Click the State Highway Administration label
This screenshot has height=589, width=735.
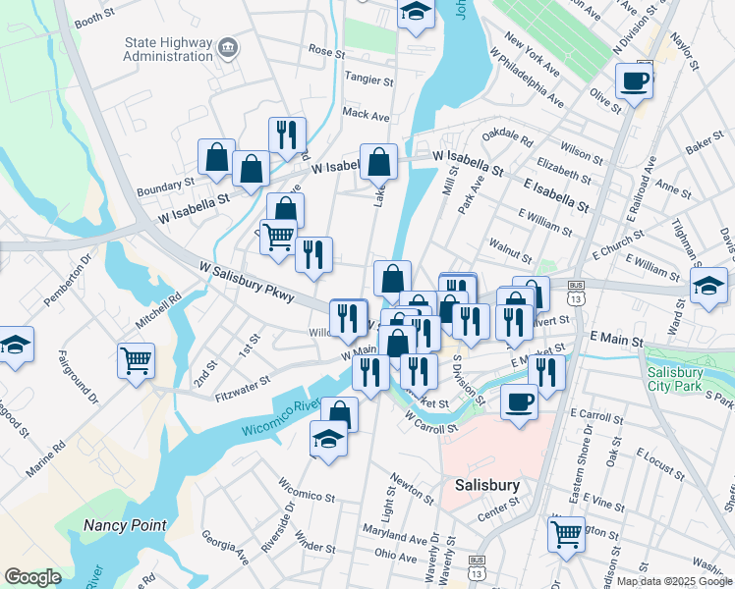168,49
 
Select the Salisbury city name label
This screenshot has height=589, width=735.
486,485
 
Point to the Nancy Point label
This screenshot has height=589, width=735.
124,525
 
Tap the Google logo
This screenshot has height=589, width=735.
32,577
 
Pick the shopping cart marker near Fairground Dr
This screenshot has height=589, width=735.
136,358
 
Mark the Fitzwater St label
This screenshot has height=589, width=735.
242,387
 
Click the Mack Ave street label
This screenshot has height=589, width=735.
366,115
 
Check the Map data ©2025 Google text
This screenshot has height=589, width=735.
673,581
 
